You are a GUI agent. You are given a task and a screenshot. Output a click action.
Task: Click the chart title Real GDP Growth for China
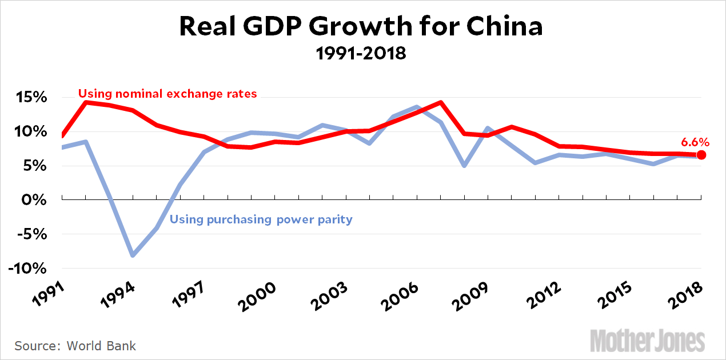point(361,27)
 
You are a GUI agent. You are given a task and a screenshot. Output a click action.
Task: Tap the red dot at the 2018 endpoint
point(701,155)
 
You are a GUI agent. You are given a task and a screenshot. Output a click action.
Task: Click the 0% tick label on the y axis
point(35,200)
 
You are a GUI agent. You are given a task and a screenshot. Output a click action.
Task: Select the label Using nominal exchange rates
point(167,93)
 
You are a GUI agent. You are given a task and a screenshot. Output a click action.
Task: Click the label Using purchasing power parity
point(261,219)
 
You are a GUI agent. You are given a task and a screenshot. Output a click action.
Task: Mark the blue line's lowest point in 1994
point(133,255)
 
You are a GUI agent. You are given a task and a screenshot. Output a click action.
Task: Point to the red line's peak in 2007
point(441,103)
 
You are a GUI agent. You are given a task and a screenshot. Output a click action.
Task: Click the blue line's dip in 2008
point(464,166)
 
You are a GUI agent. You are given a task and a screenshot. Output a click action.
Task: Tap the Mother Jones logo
point(647,341)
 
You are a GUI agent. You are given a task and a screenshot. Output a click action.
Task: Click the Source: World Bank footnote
point(75,346)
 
